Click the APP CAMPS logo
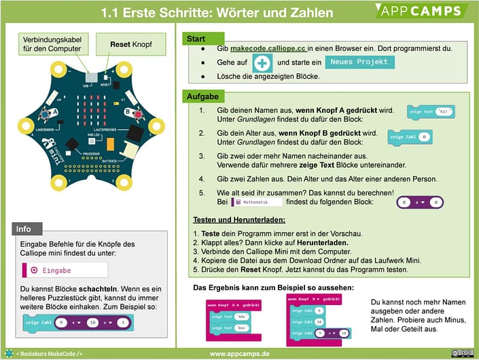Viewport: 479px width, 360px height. pos(421,11)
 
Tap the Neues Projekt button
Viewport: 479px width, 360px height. pos(359,62)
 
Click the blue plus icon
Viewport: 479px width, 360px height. pos(262,63)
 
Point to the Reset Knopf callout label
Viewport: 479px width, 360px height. pos(131,45)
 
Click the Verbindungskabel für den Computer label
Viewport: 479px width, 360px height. pos(50,45)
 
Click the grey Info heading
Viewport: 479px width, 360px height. pos(25,229)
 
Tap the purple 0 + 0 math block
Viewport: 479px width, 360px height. pos(420,202)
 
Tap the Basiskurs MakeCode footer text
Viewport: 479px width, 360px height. pos(50,354)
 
